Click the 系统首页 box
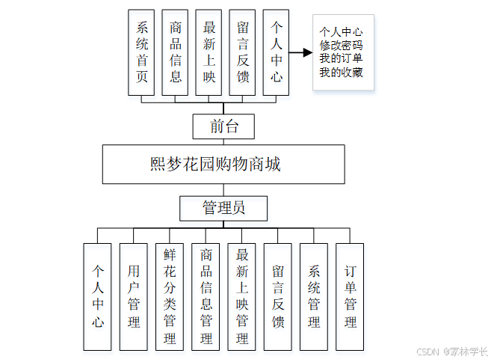coord(141,52)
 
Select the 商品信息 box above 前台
coord(175,52)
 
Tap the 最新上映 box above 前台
coord(209,52)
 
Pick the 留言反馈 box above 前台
coord(242,52)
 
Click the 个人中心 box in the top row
coord(276,52)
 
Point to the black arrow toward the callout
coord(300,52)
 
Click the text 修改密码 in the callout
coord(342,45)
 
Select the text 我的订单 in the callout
coord(342,58)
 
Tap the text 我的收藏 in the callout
coord(342,73)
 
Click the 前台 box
coord(223,126)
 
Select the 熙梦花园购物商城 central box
coord(223,164)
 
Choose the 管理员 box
coord(223,207)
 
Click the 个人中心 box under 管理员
coord(97,296)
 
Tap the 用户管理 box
coord(133,296)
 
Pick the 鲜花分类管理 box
coord(170,296)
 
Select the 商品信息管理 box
coord(206,296)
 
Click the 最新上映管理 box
coord(241,296)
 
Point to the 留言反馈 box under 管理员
coord(277,296)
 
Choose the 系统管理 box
coord(313,296)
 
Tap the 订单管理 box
coord(349,296)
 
